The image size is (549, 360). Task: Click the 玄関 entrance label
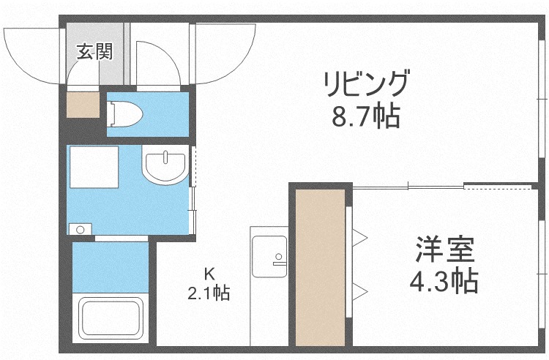pyautogui.click(x=95, y=53)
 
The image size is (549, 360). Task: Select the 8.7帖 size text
pyautogui.click(x=367, y=116)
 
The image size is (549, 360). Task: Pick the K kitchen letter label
pyautogui.click(x=209, y=275)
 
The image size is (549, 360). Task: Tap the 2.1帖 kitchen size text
pyautogui.click(x=209, y=293)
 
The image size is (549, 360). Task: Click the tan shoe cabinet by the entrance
pyautogui.click(x=81, y=105)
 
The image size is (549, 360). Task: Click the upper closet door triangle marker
pyautogui.click(x=359, y=236)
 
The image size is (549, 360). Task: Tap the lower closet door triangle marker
pyautogui.click(x=359, y=293)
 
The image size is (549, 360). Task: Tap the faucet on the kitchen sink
pyautogui.click(x=278, y=258)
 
